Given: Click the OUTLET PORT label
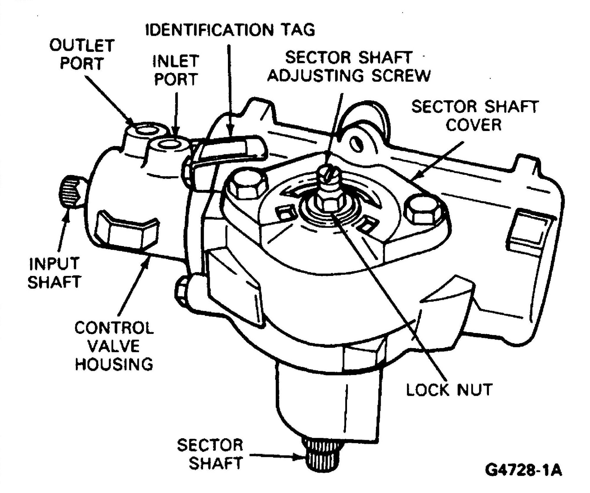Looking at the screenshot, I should click(x=82, y=54).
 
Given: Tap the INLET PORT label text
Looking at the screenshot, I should click(x=176, y=70).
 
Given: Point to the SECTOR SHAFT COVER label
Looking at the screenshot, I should click(x=474, y=115).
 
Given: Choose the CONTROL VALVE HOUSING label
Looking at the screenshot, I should click(x=114, y=346).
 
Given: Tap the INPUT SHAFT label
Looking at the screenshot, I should click(x=54, y=272).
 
